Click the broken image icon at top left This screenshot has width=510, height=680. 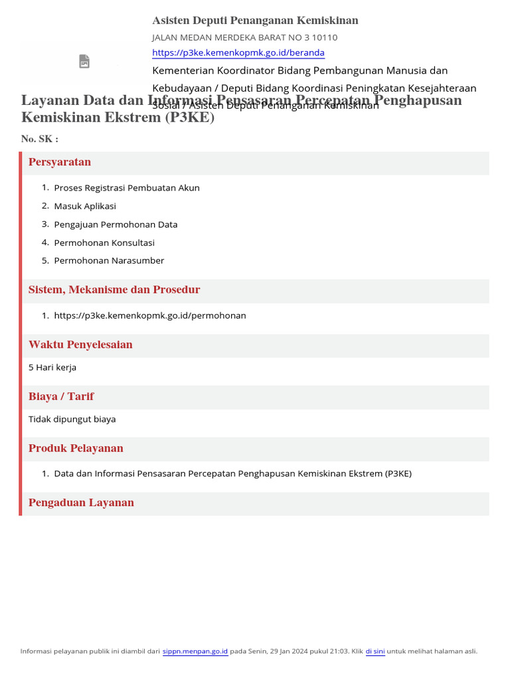point(84,62)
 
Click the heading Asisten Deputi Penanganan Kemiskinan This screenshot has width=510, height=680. point(255,21)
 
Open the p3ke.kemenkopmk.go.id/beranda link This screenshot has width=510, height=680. point(238,52)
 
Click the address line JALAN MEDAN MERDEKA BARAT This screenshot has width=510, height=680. point(244,37)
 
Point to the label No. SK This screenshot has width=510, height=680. point(39,139)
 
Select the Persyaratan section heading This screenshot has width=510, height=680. point(60,162)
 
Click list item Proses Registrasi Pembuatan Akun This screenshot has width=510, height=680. point(126,188)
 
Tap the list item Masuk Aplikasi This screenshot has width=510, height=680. point(85,206)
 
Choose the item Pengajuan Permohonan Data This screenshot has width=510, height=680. point(116,224)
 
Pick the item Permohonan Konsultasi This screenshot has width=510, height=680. point(104,242)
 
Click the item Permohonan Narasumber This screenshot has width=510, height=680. point(109,260)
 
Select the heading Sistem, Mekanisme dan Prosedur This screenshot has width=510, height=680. point(114,290)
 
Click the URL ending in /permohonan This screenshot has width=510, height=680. point(150,315)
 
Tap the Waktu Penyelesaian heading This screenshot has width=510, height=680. point(80,345)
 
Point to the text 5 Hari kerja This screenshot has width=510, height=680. point(52,367)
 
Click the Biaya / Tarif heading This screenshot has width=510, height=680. point(61,396)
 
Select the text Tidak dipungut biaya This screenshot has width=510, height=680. point(72,419)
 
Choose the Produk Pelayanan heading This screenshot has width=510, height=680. point(76,448)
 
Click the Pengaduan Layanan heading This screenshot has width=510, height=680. point(81,503)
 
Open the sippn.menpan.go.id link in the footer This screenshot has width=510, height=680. point(195,651)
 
